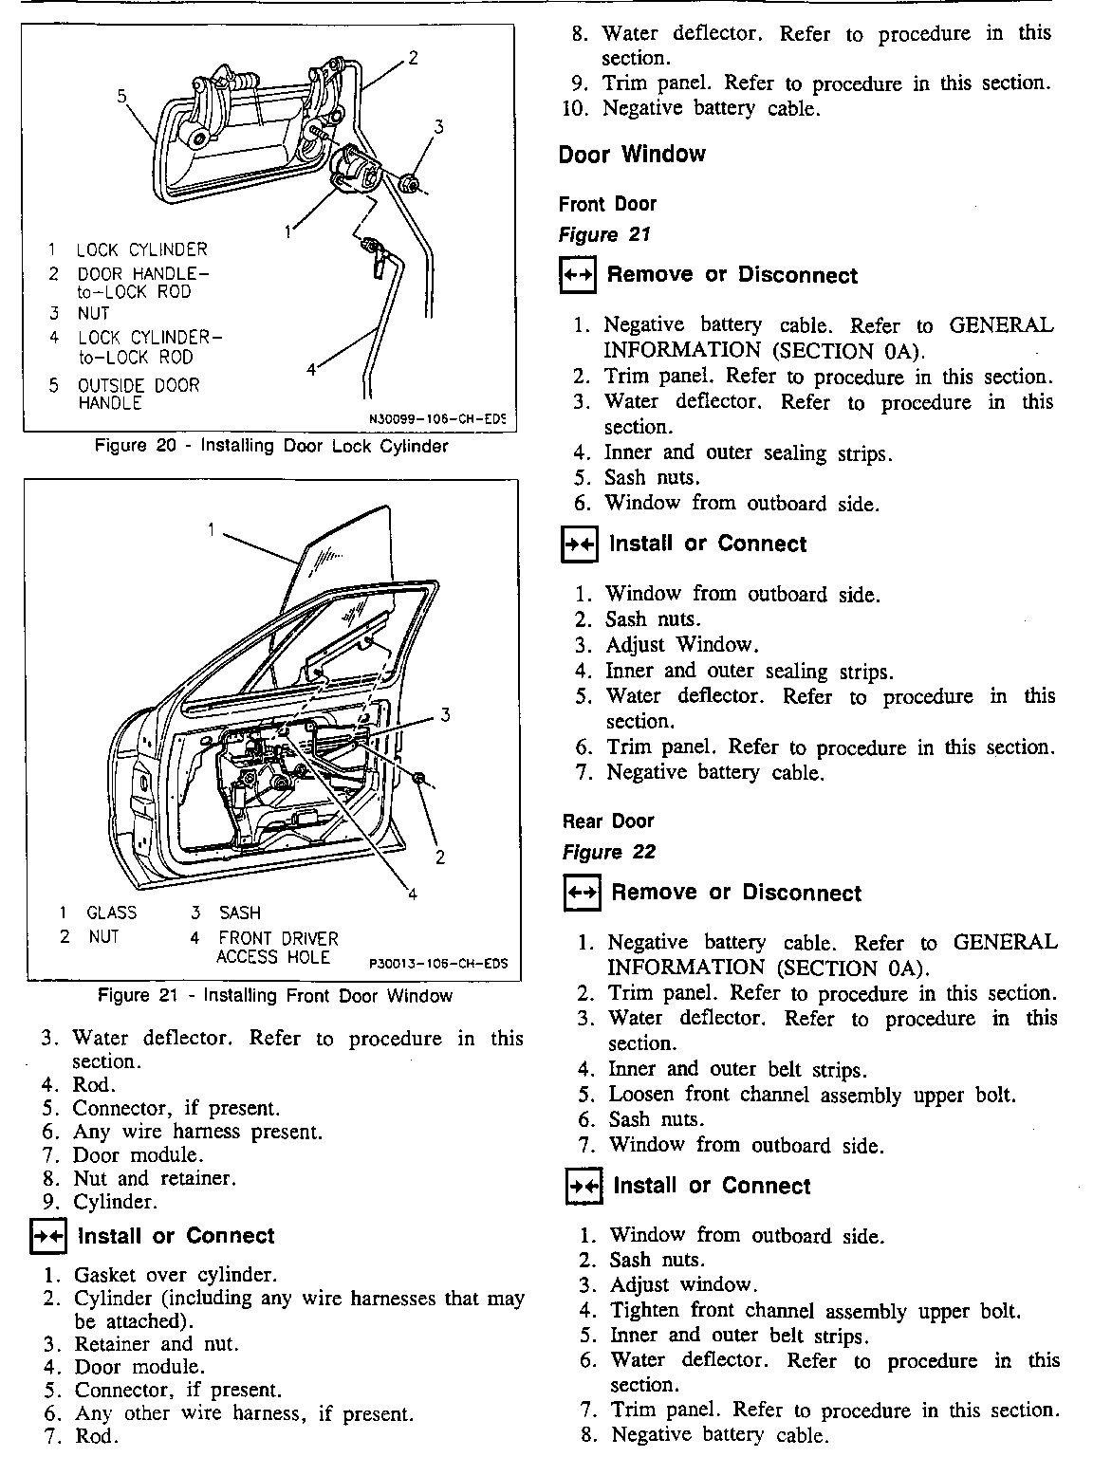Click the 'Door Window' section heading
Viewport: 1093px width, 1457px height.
(632, 155)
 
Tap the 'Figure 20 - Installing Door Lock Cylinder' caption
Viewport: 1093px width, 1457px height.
(271, 446)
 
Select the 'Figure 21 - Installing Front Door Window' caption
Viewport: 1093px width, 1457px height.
(275, 996)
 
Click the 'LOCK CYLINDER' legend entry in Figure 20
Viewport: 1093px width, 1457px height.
(141, 250)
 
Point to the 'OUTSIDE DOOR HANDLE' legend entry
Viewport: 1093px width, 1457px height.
(139, 394)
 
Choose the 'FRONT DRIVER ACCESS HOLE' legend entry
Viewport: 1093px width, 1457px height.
(277, 948)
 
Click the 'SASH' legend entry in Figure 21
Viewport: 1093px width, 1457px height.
(239, 913)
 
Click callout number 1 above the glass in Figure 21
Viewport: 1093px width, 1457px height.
(213, 529)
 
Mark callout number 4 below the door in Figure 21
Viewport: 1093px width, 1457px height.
(413, 893)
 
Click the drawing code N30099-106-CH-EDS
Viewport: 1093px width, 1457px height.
(437, 417)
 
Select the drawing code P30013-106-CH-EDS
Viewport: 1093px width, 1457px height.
(437, 964)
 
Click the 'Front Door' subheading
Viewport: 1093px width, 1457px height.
(607, 204)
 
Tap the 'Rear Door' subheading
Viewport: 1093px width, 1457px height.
(608, 821)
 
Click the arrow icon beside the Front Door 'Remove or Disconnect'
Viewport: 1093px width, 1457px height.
(578, 276)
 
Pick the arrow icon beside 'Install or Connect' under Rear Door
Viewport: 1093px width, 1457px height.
(580, 1187)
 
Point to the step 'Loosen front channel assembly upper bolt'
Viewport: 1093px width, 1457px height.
(812, 1095)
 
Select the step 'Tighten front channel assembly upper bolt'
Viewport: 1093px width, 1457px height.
(815, 1311)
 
